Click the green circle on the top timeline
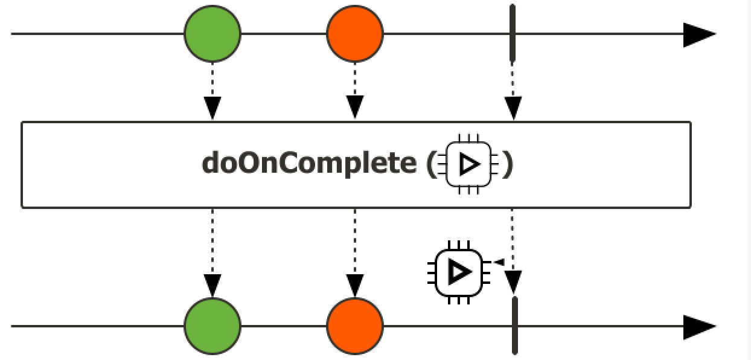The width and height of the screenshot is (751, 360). (213, 34)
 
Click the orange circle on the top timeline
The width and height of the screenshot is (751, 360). (355, 34)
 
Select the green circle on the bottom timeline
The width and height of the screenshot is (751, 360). (213, 326)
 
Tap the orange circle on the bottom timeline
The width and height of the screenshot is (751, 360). (355, 326)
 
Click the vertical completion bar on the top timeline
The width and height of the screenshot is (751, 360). (513, 34)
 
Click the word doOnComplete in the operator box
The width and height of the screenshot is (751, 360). (308, 164)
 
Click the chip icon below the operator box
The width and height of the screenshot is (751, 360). (459, 272)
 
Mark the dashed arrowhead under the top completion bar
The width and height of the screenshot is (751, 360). (513, 109)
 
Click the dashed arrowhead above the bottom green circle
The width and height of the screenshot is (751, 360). (213, 284)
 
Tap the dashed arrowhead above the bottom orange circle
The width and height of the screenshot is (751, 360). (355, 284)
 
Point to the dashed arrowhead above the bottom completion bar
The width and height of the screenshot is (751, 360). (513, 282)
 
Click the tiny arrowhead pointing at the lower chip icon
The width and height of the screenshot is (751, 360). (499, 262)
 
